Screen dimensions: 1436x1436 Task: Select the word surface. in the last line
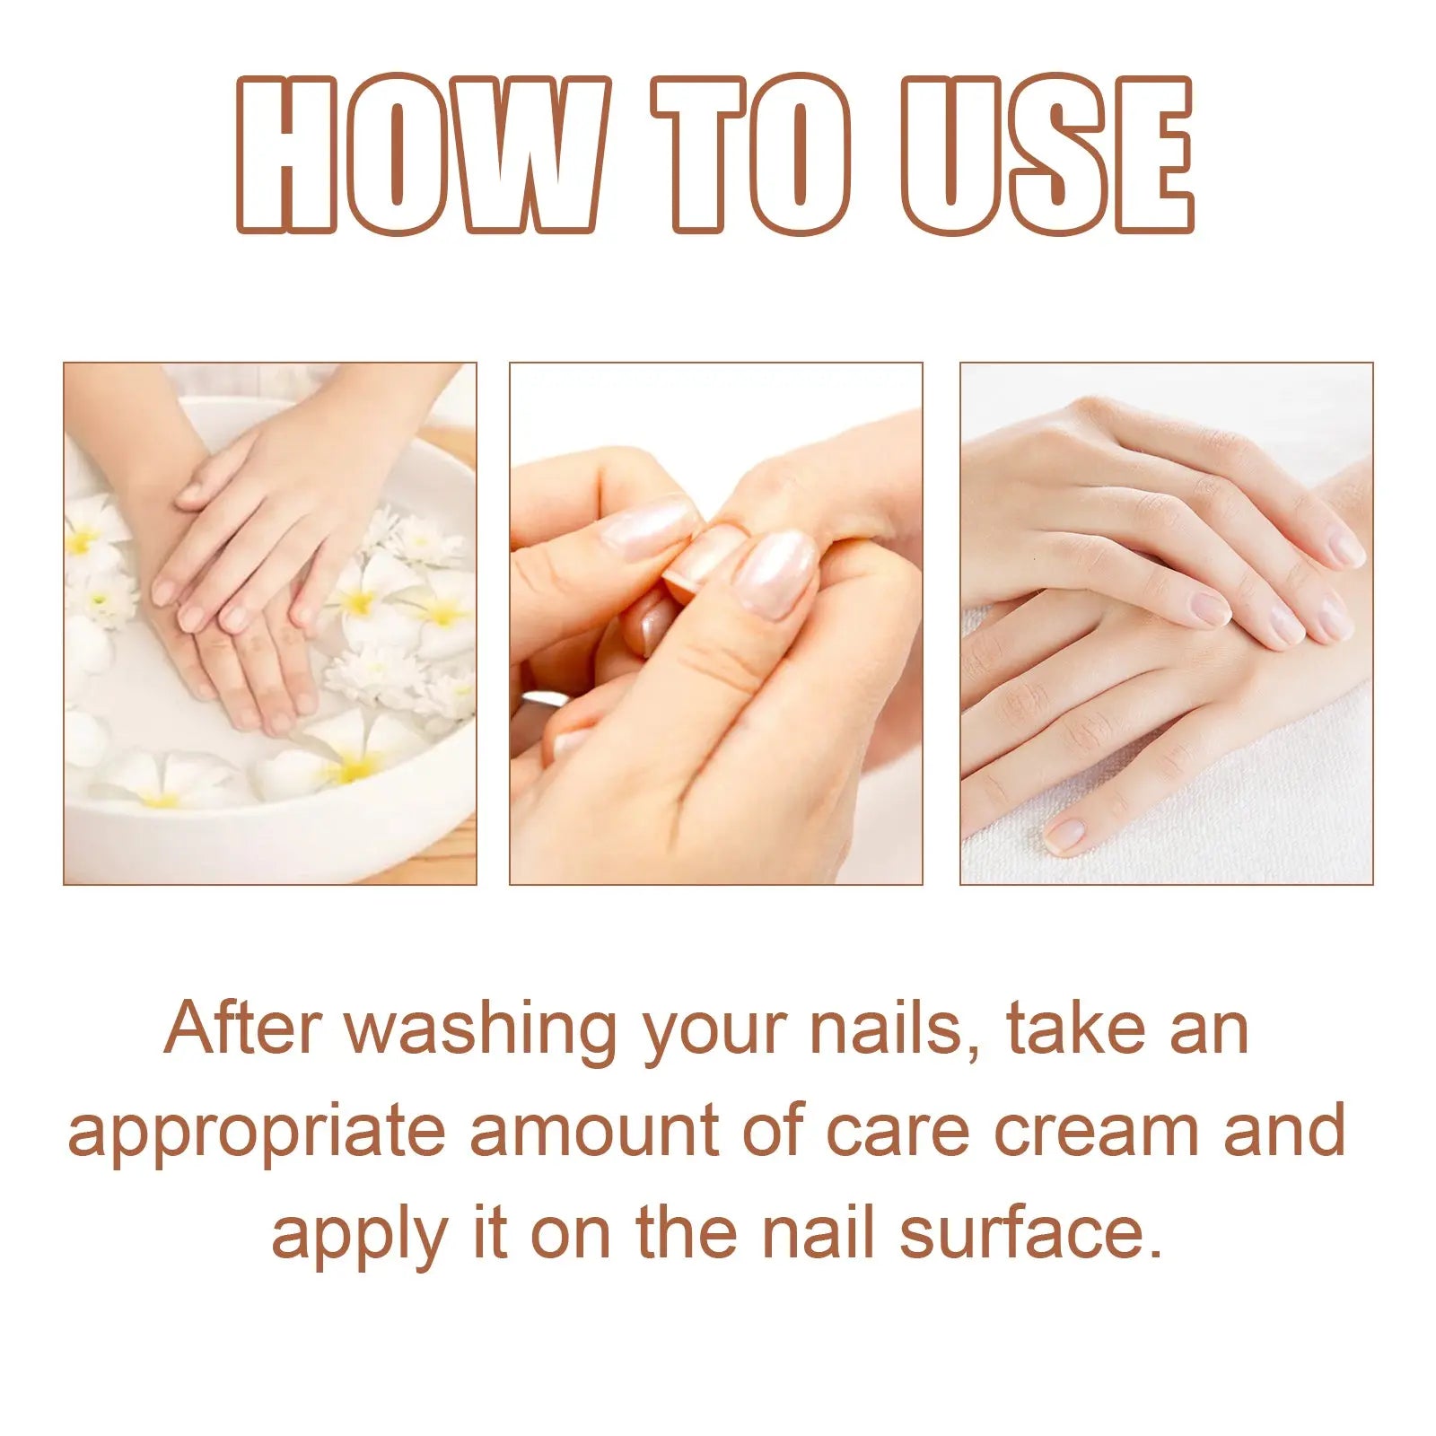[1030, 1234]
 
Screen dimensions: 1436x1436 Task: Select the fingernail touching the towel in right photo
[1064, 835]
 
